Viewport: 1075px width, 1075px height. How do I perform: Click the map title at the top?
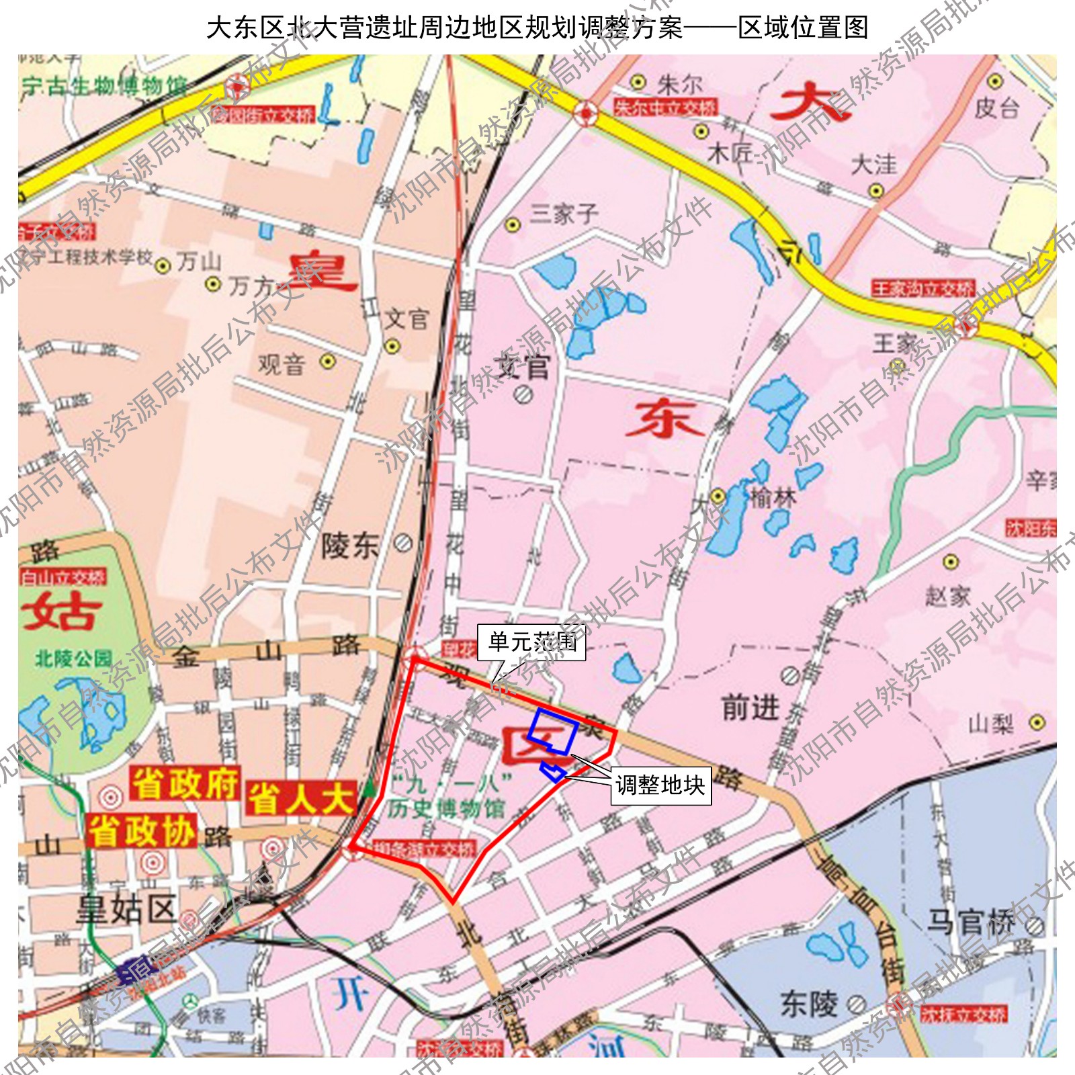click(537, 28)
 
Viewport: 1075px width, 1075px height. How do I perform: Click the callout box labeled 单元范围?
click(531, 642)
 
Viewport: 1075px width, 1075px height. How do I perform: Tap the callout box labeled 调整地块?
click(660, 785)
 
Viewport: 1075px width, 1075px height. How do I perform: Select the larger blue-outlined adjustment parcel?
click(553, 731)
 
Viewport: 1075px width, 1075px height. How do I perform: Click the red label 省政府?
click(185, 783)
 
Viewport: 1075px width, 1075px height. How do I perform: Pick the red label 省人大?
click(300, 799)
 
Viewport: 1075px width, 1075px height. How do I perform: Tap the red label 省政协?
click(142, 831)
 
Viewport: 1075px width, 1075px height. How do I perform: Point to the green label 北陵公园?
click(73, 658)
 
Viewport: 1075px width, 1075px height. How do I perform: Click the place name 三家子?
click(563, 214)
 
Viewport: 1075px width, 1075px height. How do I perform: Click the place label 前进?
click(750, 707)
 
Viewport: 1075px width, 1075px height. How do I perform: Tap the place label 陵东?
click(350, 546)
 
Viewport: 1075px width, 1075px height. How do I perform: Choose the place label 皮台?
click(997, 107)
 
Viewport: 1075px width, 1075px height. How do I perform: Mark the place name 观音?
click(282, 365)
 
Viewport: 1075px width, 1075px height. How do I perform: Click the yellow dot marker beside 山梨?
click(1037, 723)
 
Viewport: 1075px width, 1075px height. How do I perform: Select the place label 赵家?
click(947, 595)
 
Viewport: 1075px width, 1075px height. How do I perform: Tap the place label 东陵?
click(809, 1004)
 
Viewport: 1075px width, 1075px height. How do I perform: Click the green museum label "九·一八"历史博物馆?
click(447, 796)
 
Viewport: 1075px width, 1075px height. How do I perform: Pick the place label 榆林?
click(773, 498)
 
